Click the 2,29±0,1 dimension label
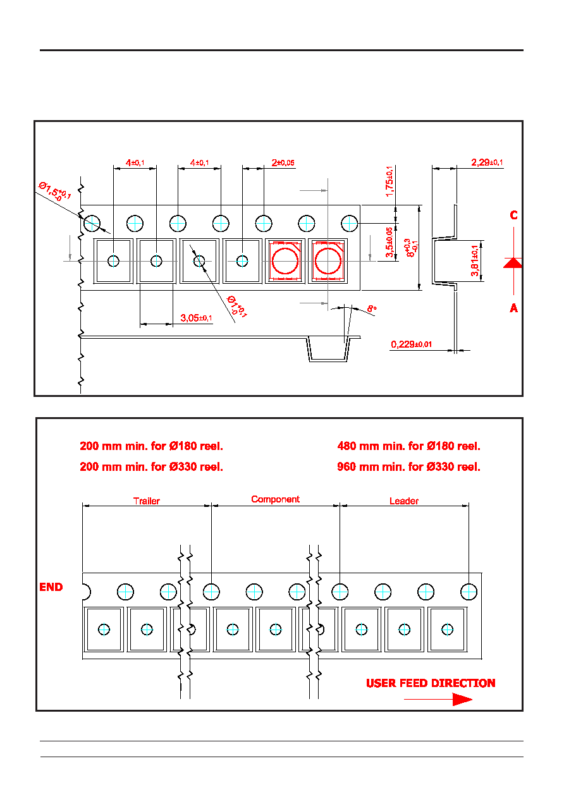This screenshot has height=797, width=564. [x=487, y=162]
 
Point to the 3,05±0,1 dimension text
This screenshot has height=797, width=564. [x=196, y=318]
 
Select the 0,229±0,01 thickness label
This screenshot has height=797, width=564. [x=412, y=344]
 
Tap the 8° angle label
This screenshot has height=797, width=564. [x=372, y=308]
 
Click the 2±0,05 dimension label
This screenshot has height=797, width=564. [x=283, y=162]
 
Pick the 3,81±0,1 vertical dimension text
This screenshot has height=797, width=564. [x=474, y=261]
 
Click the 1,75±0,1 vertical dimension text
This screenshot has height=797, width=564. [x=389, y=181]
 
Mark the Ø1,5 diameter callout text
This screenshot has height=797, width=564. [x=54, y=192]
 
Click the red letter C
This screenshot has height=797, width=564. [x=513, y=216]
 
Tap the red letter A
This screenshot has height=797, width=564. [x=513, y=308]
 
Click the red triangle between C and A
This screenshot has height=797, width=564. [x=513, y=263]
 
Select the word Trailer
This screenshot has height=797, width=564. [x=147, y=501]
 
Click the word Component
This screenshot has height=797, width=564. [x=276, y=499]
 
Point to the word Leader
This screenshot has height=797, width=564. [x=404, y=501]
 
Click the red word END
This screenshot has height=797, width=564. [x=51, y=587]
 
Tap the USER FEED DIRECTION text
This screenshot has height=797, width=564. [x=431, y=683]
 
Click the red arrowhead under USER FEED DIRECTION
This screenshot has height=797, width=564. [x=462, y=700]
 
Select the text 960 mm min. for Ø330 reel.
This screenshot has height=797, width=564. [x=408, y=467]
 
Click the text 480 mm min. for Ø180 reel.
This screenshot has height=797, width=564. [x=408, y=446]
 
